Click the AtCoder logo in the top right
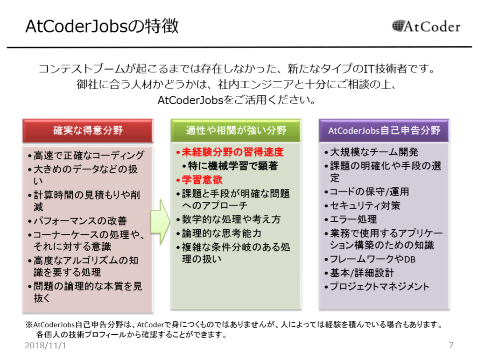pyautogui.click(x=426, y=27)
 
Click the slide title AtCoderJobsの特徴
pyautogui.click(x=102, y=26)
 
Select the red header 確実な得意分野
pyautogui.click(x=88, y=130)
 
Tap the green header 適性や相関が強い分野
pyautogui.click(x=236, y=130)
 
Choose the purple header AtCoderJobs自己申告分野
pyautogui.click(x=384, y=130)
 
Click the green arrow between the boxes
pyautogui.click(x=161, y=222)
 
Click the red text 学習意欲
pyautogui.click(x=202, y=180)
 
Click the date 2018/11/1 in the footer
pyautogui.click(x=45, y=346)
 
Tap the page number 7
pyautogui.click(x=451, y=346)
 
